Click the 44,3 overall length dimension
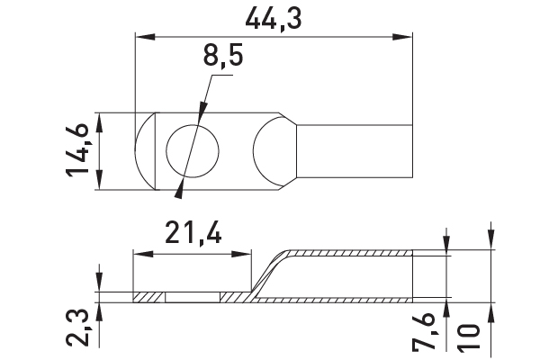point(274,19)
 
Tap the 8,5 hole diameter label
point(223,56)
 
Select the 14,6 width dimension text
point(77,151)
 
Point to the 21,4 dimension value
point(193,232)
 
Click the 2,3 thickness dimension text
point(77,328)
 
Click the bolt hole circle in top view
point(193,151)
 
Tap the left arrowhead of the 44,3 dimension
point(145,37)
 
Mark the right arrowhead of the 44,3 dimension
point(402,37)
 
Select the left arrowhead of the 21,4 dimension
point(143,255)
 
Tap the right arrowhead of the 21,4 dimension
point(242,255)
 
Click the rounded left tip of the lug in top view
point(145,151)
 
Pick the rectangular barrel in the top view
point(355,151)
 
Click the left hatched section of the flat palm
point(148,297)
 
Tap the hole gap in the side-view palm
point(193,297)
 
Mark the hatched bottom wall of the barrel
point(334,300)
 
